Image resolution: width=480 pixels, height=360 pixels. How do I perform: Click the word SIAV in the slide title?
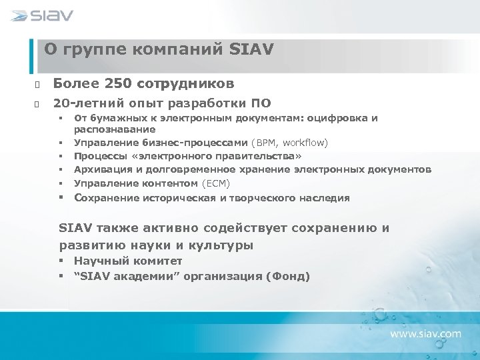pyautogui.click(x=251, y=49)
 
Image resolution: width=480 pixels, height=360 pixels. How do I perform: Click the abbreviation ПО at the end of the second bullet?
pyautogui.click(x=261, y=103)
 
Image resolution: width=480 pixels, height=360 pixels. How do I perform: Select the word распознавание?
pyautogui.click(x=114, y=129)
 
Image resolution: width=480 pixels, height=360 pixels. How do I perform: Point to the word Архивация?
pyautogui.click(x=99, y=169)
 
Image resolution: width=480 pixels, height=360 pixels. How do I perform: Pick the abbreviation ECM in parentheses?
pyautogui.click(x=217, y=183)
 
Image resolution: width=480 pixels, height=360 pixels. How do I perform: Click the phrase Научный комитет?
pyautogui.click(x=128, y=261)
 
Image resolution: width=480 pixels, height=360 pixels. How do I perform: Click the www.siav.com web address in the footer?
pyautogui.click(x=425, y=333)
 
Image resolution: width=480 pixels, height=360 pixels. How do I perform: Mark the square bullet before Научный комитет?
pyautogui.click(x=61, y=261)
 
